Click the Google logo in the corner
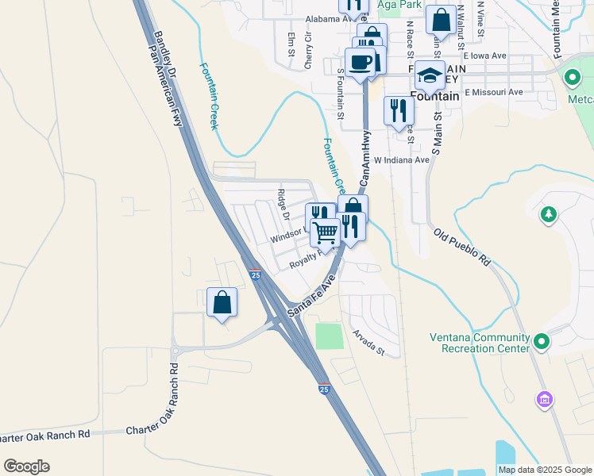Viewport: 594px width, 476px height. pyautogui.click(x=26, y=466)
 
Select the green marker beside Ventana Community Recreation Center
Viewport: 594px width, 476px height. pyautogui.click(x=542, y=342)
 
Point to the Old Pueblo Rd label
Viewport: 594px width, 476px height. pyautogui.click(x=463, y=247)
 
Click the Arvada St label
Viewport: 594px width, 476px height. pyautogui.click(x=368, y=342)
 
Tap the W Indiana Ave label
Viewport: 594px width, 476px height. pyautogui.click(x=402, y=159)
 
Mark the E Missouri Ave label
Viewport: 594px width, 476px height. pyautogui.click(x=494, y=92)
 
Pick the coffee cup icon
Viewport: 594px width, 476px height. pyautogui.click(x=360, y=63)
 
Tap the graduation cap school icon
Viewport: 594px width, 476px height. pyautogui.click(x=429, y=75)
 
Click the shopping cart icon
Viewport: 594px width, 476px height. pyautogui.click(x=325, y=232)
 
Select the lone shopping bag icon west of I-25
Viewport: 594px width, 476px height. pyautogui.click(x=222, y=302)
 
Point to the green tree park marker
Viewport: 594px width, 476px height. pyautogui.click(x=547, y=214)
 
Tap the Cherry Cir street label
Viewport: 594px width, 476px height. pyautogui.click(x=309, y=52)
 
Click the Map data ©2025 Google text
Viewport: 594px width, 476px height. pyautogui.click(x=544, y=470)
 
